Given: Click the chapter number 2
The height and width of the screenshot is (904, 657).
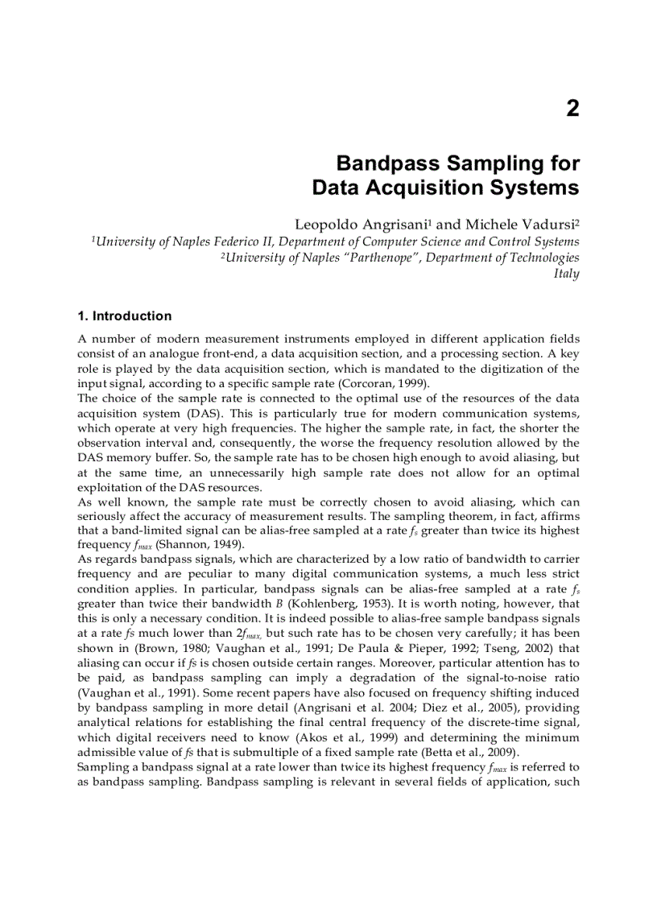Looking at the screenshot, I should (572, 109).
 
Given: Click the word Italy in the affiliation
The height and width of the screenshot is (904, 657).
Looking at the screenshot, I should (566, 273).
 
